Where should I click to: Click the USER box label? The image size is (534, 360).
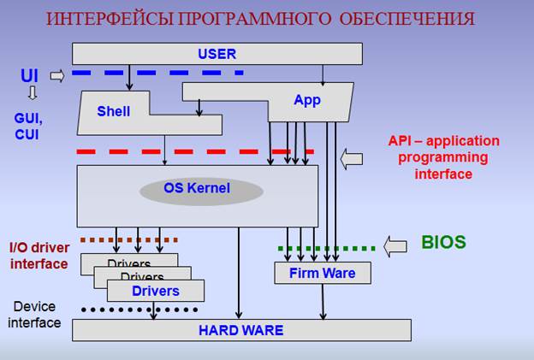(x=216, y=54)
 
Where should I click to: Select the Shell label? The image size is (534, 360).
(x=114, y=111)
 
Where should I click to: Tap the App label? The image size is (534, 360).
(x=306, y=100)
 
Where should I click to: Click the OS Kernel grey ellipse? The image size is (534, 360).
(x=197, y=188)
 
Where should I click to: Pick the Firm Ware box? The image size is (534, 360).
(x=323, y=274)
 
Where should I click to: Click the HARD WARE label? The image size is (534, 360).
(x=240, y=329)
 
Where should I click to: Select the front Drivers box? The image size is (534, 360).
(x=156, y=291)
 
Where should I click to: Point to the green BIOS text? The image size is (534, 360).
(x=443, y=242)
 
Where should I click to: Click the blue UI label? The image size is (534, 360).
(x=30, y=76)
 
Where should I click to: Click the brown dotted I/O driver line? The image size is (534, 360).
(x=129, y=240)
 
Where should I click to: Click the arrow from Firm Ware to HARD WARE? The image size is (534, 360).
(x=323, y=301)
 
